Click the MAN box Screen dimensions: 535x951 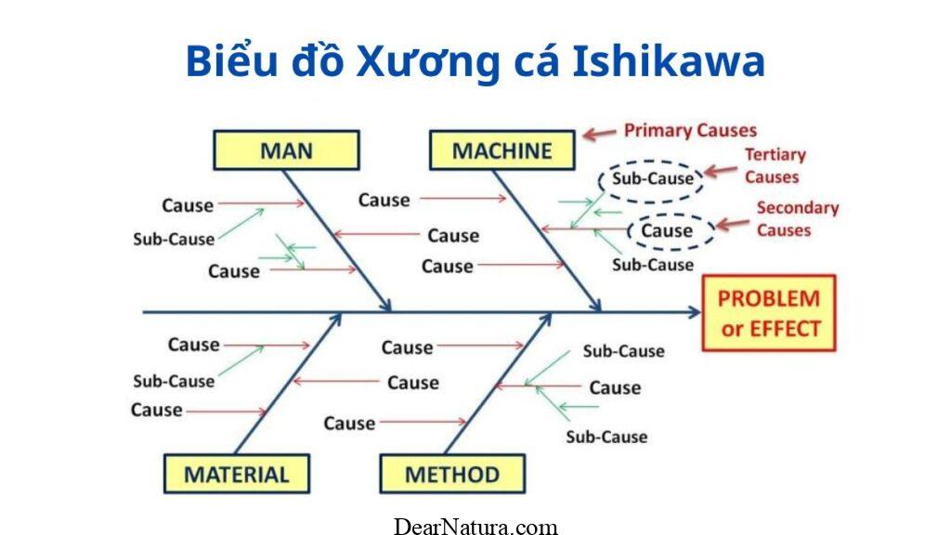coord(286,150)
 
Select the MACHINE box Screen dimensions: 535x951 coord(502,150)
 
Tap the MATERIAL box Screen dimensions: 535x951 coord(236,475)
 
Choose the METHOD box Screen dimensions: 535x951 coord(452,475)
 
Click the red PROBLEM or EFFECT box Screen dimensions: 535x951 coord(769,313)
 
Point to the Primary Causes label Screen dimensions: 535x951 coord(690,131)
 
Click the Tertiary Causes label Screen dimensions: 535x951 coord(775,165)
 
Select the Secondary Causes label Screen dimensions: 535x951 coord(797,218)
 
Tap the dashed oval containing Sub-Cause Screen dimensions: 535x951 coord(652,178)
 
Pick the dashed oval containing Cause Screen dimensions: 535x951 coord(667,230)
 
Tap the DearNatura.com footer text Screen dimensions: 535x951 coord(475,527)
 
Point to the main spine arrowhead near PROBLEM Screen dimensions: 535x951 coord(695,313)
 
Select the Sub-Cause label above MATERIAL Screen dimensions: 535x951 coord(173,381)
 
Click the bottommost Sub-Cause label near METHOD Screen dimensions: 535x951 coord(606,437)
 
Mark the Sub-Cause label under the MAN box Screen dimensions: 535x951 coord(173,239)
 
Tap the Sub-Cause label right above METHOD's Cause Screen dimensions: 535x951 coord(623,351)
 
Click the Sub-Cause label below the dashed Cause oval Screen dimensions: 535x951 coord(652,265)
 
